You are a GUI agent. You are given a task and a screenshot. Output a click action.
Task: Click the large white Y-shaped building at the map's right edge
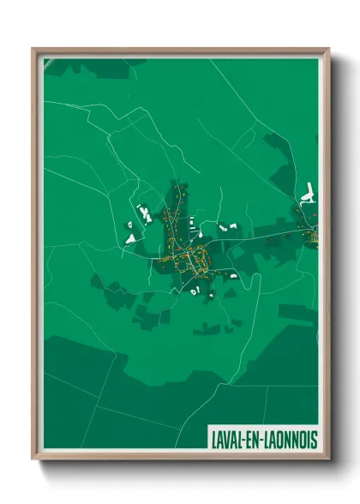(x=308, y=195)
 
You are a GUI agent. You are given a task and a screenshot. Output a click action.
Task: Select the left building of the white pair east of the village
(x=221, y=227)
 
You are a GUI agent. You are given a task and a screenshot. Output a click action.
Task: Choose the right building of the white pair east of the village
(x=233, y=225)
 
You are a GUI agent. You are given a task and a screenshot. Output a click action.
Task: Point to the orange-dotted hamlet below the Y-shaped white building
(x=309, y=230)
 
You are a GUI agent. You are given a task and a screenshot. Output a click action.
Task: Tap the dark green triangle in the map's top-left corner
(x=50, y=63)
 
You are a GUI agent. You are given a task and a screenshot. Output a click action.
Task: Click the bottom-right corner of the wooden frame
(x=328, y=459)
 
